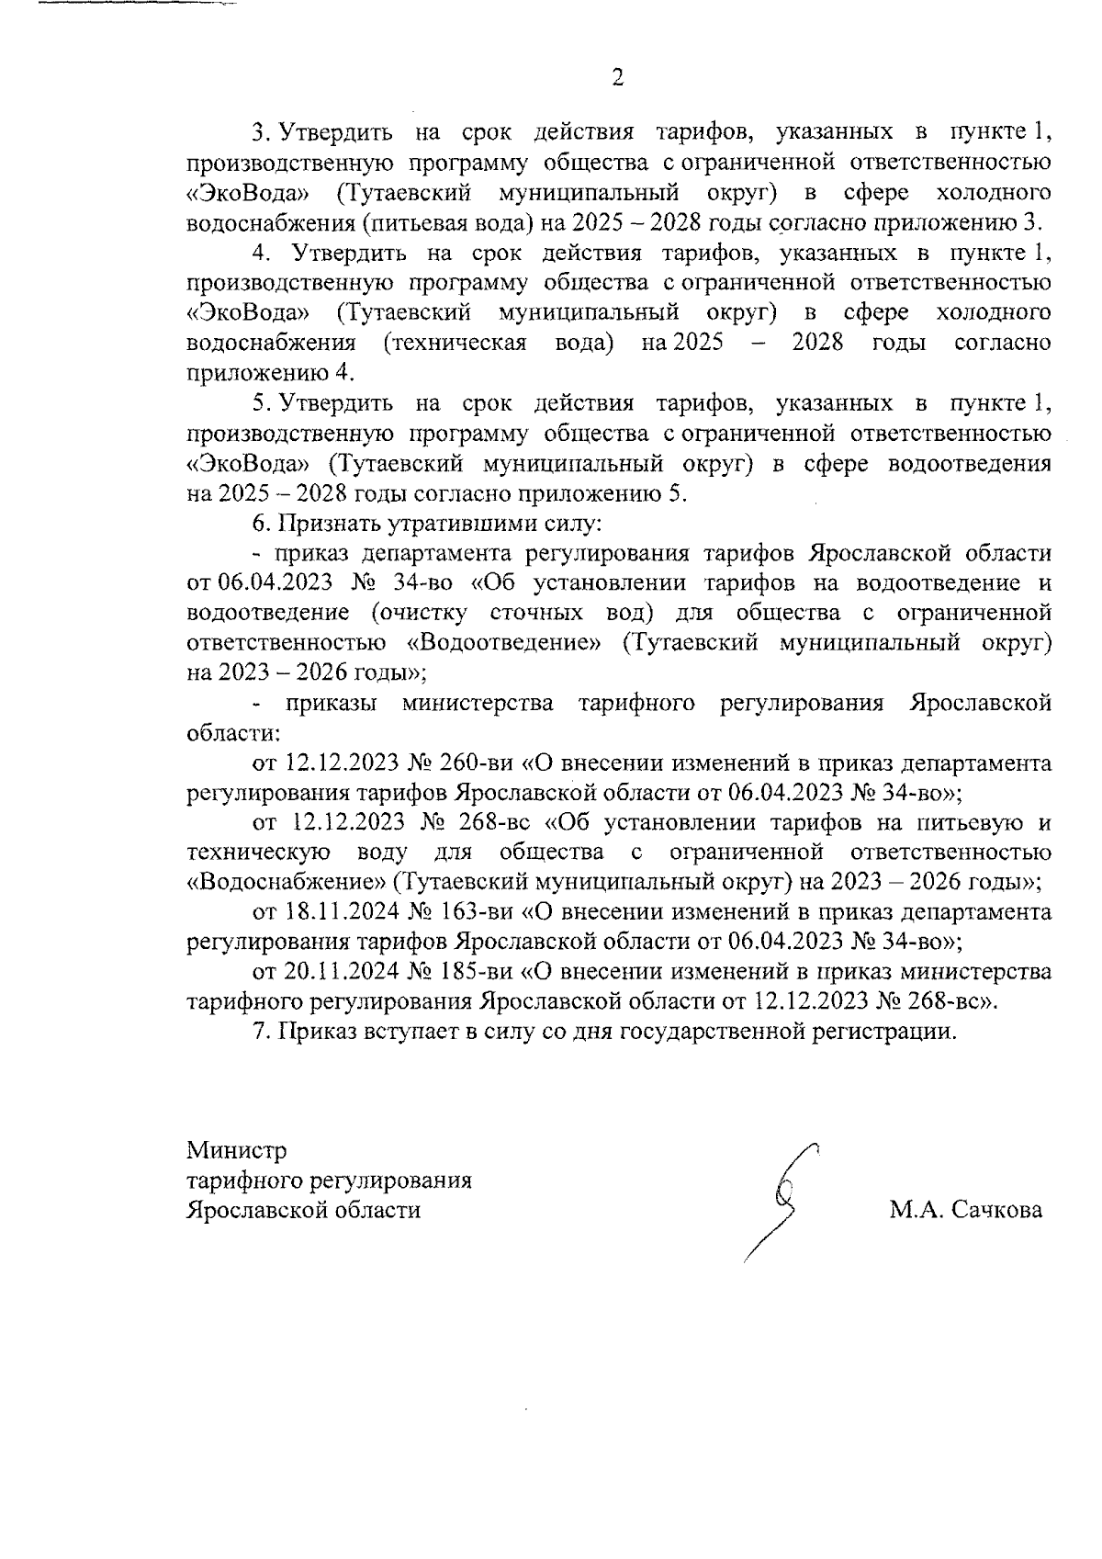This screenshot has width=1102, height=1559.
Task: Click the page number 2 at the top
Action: tap(617, 77)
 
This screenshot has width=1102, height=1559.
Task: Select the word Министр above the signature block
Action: tap(237, 1149)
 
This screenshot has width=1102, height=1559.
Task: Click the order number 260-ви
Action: tap(478, 763)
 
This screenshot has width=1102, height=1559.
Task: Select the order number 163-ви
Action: tap(478, 912)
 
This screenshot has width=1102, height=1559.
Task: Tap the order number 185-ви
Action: tap(478, 971)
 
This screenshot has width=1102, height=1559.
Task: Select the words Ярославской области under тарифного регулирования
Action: tap(304, 1210)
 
